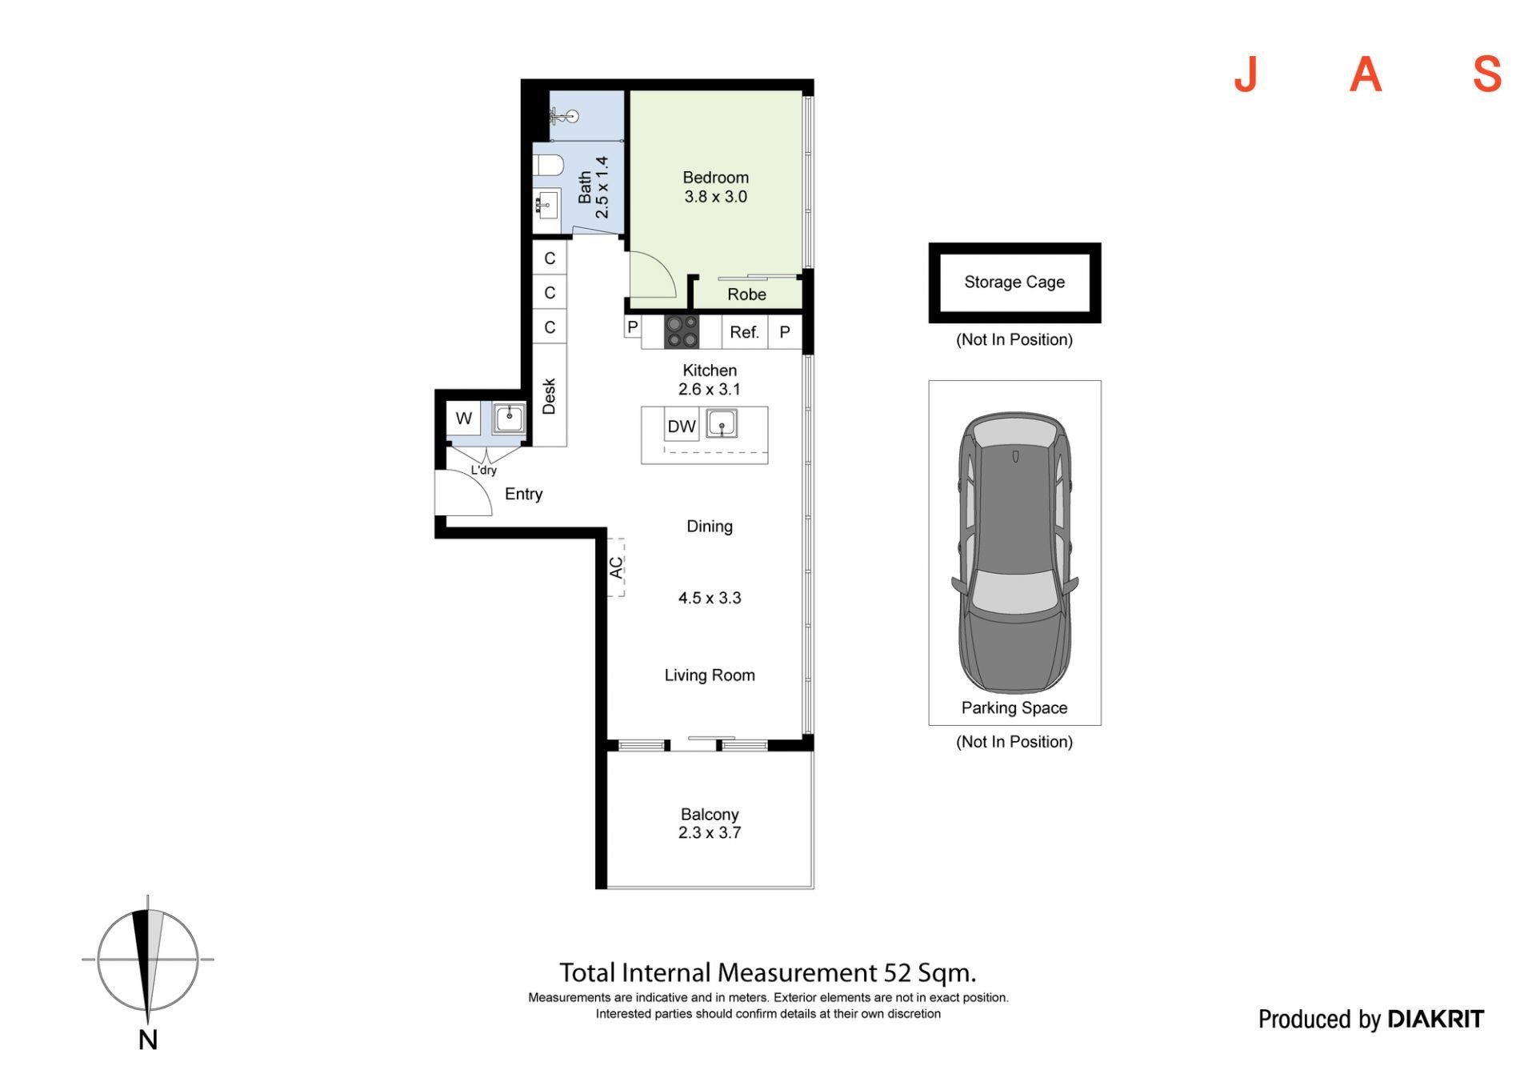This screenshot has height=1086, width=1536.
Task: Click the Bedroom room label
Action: [x=715, y=178]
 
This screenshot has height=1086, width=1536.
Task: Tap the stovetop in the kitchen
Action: [x=682, y=332]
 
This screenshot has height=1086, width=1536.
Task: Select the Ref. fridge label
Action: [x=744, y=332]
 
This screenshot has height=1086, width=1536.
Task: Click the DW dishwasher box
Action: [x=682, y=426]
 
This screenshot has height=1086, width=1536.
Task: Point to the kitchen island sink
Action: [x=722, y=423]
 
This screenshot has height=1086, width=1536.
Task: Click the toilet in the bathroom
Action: [x=548, y=165]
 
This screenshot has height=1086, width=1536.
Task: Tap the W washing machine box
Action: [x=463, y=418]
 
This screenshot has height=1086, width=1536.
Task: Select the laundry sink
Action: [x=509, y=418]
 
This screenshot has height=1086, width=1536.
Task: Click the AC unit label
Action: [x=616, y=567]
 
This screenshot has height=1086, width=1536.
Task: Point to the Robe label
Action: [x=746, y=295]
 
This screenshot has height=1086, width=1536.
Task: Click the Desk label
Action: [x=549, y=396]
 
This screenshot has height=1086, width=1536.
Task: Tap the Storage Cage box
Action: [x=1014, y=283]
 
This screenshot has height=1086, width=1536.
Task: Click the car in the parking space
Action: [x=1014, y=552]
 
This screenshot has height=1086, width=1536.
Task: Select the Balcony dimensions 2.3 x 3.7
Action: [x=710, y=833]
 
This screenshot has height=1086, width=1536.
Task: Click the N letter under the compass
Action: [x=148, y=1040]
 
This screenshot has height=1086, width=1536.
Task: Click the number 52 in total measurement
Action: [x=898, y=973]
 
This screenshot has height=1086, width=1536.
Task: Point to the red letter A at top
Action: [x=1366, y=74]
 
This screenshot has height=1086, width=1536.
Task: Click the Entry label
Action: [x=523, y=495]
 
